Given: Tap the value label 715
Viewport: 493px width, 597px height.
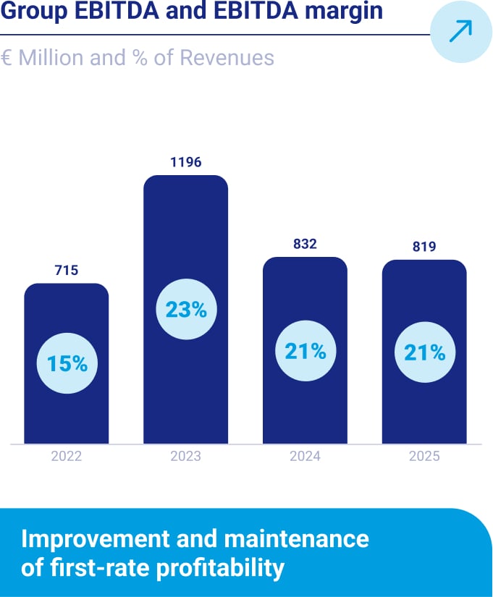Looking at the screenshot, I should point(66,271).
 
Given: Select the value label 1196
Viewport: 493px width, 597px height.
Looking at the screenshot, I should point(185,163).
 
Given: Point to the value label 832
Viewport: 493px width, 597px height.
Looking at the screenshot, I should point(305,245).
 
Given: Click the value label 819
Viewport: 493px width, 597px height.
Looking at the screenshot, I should point(424,247).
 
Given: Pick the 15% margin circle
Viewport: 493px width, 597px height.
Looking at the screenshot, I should point(67,363).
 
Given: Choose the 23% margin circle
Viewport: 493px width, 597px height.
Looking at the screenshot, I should point(186,310).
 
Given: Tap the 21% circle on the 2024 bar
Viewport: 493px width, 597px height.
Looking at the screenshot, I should point(305,352).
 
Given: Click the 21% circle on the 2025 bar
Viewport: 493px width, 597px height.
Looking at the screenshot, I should point(424,352).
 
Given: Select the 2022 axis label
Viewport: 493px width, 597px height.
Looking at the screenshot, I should point(66,457).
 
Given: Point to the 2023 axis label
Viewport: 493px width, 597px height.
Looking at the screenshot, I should point(185,457).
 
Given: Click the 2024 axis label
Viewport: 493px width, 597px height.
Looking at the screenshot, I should point(305,457).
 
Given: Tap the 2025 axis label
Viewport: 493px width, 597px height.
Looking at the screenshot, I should point(424,457).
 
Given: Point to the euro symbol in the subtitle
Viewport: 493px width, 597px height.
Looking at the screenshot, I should point(6,58).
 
